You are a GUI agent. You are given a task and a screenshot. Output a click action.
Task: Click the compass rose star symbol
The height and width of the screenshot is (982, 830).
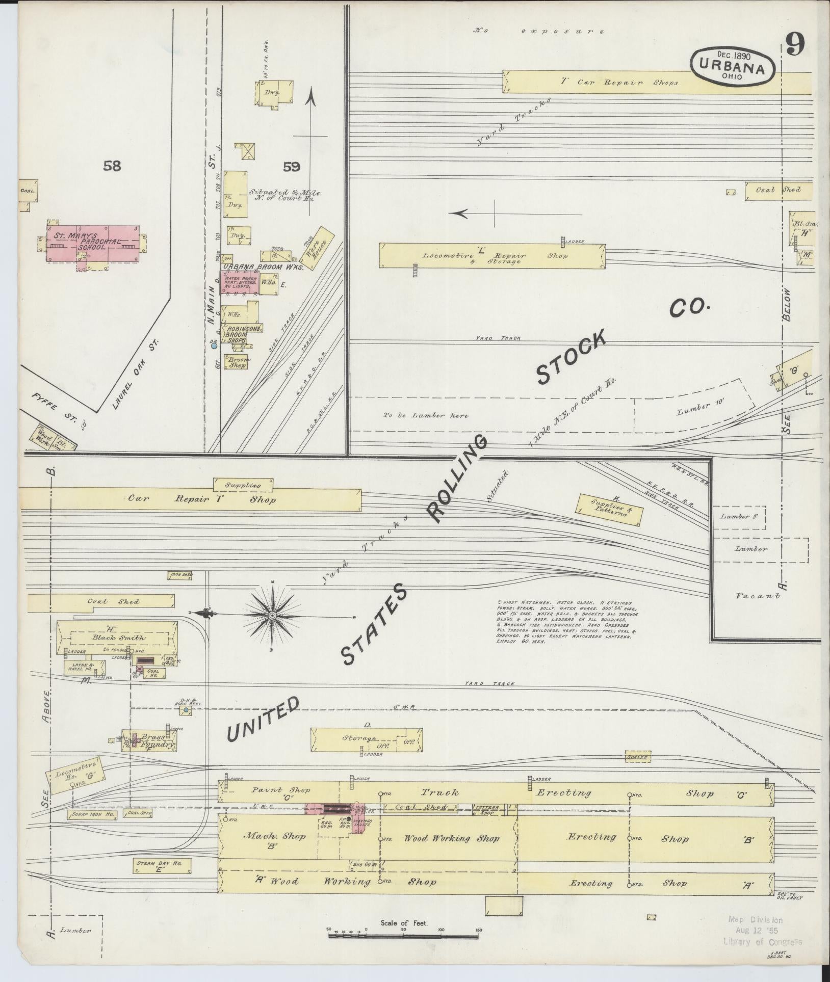coord(273,616)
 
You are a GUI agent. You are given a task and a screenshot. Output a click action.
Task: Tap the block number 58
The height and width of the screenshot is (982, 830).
coord(112,166)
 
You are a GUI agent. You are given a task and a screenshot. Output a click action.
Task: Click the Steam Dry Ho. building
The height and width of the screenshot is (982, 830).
coord(156,866)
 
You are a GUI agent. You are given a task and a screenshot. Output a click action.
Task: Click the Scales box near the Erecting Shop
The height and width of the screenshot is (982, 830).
coord(638,771)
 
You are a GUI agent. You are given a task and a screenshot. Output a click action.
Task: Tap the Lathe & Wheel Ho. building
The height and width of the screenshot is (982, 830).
coord(85,667)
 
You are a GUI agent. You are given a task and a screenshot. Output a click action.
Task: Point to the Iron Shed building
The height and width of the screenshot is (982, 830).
coord(181,575)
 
